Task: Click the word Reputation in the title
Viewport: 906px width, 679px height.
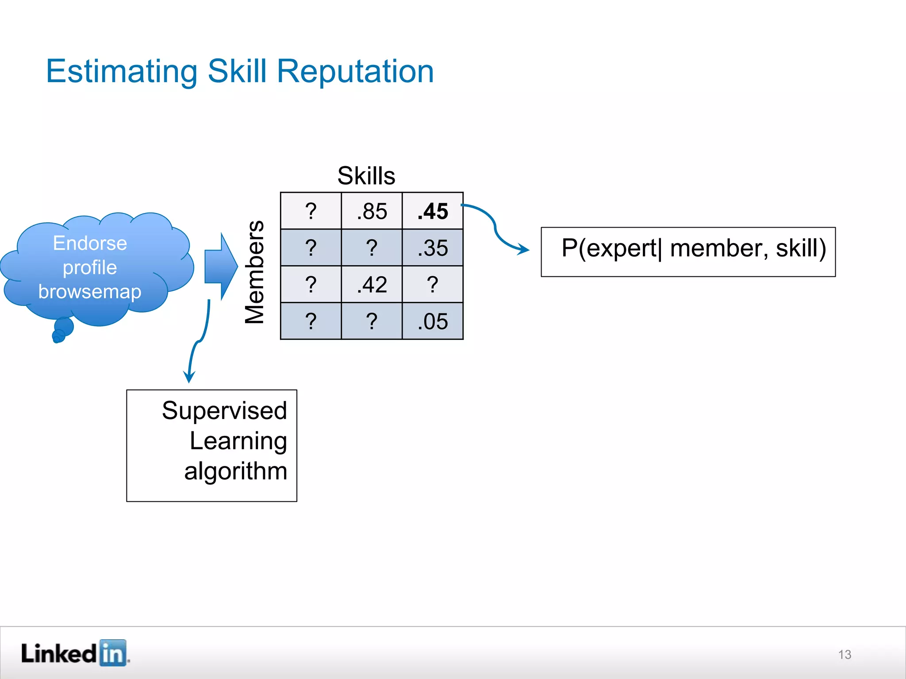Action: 355,72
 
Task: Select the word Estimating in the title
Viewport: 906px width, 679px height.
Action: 122,72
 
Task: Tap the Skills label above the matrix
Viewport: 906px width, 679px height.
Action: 366,176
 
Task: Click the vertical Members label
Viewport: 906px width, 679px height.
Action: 254,272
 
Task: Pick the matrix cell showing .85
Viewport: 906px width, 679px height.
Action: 372,211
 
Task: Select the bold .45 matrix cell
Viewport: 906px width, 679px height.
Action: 433,211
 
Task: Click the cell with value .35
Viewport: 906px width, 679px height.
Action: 433,248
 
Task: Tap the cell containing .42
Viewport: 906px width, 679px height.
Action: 372,285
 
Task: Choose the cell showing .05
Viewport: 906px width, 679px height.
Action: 433,321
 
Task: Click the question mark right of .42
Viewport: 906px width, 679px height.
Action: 433,285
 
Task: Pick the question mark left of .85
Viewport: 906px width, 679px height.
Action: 311,211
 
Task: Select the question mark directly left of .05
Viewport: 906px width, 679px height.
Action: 372,321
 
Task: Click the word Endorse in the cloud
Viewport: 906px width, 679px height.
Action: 90,243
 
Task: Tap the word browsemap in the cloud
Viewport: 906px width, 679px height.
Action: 90,292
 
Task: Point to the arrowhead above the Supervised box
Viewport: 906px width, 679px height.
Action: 189,377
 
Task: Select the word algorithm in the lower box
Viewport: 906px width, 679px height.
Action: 235,471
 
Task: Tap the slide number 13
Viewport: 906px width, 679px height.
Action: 844,655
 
